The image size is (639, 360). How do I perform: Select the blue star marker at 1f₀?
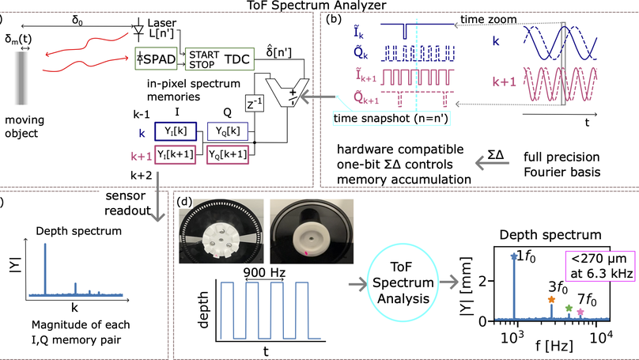click(516, 256)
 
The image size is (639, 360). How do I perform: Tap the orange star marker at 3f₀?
click(551, 300)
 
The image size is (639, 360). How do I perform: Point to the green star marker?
click(569, 307)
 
